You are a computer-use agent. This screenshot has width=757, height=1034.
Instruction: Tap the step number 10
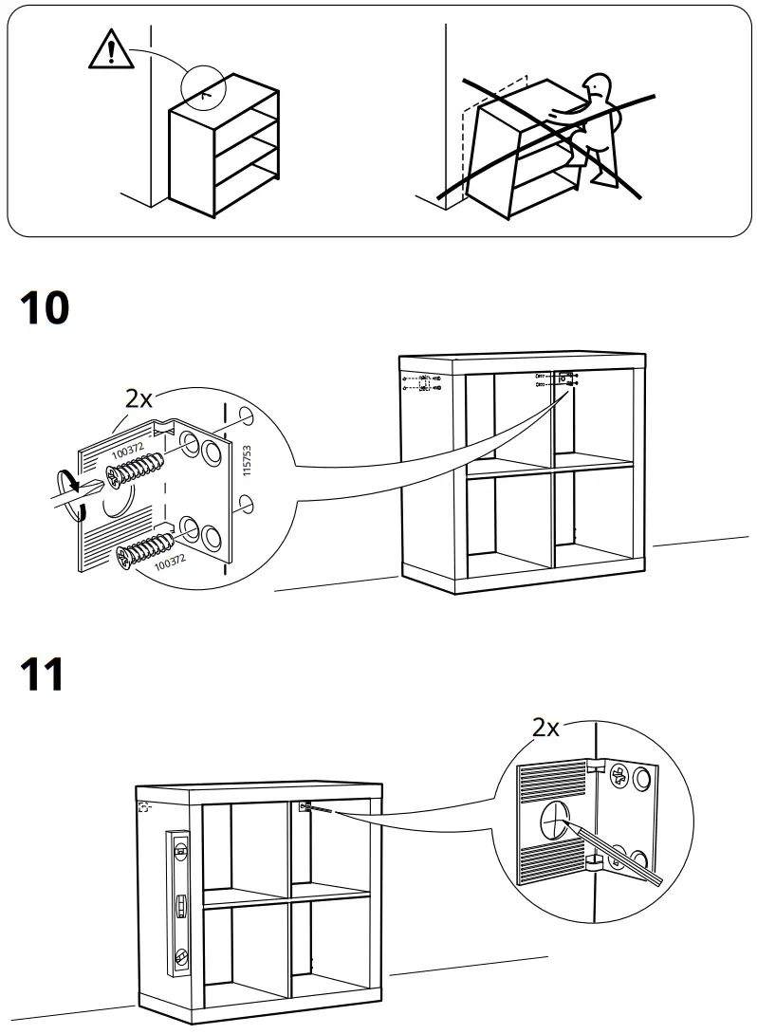click(44, 308)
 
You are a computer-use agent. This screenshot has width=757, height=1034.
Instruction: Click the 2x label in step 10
click(139, 399)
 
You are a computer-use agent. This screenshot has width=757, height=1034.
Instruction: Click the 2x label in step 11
click(545, 728)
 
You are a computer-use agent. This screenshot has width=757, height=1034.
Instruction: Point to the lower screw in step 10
click(142, 550)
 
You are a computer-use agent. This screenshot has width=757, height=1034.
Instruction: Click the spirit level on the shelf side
click(179, 901)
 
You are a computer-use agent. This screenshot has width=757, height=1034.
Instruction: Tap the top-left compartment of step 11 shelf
click(245, 844)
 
